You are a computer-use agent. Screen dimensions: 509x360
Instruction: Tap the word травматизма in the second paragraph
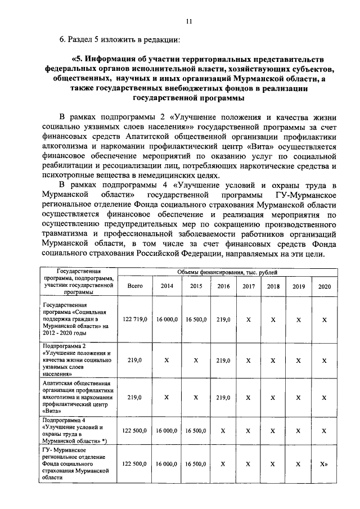tap(64, 233)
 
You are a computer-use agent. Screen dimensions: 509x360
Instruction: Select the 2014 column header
tap(167, 286)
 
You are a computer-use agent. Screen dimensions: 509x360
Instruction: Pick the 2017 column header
tap(248, 286)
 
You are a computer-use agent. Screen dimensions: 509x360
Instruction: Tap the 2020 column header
tap(324, 286)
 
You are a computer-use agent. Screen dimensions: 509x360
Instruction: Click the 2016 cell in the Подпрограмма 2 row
tap(223, 360)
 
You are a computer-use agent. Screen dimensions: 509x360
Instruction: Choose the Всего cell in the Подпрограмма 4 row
tap(135, 431)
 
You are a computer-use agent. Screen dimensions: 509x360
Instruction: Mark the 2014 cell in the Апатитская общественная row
tap(167, 397)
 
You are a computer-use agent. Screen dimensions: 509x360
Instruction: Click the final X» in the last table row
tap(324, 465)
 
